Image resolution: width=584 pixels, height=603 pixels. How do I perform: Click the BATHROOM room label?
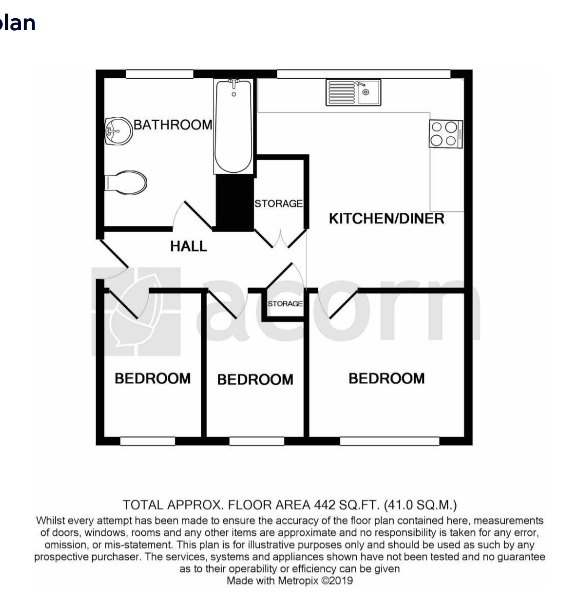(173, 125)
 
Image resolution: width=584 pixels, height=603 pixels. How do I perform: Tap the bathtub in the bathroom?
(234, 126)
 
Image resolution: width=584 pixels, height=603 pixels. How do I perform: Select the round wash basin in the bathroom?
(118, 131)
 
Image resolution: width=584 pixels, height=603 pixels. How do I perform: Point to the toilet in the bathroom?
(126, 183)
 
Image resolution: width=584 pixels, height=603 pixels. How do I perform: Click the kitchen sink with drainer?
(354, 92)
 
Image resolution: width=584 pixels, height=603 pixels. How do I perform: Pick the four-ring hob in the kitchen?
(446, 134)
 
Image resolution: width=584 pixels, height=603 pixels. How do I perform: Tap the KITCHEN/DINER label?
(386, 219)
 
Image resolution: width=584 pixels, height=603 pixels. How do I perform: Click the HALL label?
(188, 246)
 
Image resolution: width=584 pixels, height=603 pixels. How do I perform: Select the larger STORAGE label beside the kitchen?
(278, 203)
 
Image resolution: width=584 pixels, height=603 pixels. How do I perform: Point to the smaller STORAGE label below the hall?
(285, 304)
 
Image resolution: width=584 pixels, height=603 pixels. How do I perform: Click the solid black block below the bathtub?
(235, 203)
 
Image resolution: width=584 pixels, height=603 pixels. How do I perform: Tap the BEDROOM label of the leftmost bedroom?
(153, 379)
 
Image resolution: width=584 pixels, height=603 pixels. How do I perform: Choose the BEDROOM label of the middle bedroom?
(256, 380)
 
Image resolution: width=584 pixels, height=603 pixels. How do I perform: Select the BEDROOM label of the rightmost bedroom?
(387, 379)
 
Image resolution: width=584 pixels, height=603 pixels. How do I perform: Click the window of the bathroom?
(160, 74)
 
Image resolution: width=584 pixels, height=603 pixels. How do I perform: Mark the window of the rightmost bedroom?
(390, 441)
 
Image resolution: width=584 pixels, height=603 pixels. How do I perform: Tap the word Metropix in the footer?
(298, 581)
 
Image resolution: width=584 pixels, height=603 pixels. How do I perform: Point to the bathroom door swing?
(192, 215)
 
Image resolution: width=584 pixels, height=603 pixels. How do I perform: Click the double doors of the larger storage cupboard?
(281, 239)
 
